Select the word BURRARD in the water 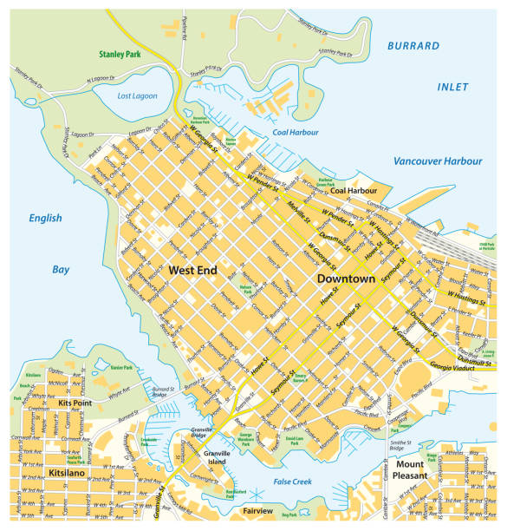pos(414,45)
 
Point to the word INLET pos(452,87)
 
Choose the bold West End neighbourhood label pos(193,271)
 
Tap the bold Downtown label pos(346,279)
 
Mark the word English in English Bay pos(44,219)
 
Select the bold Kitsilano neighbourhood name pos(68,473)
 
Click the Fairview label pos(258,511)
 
